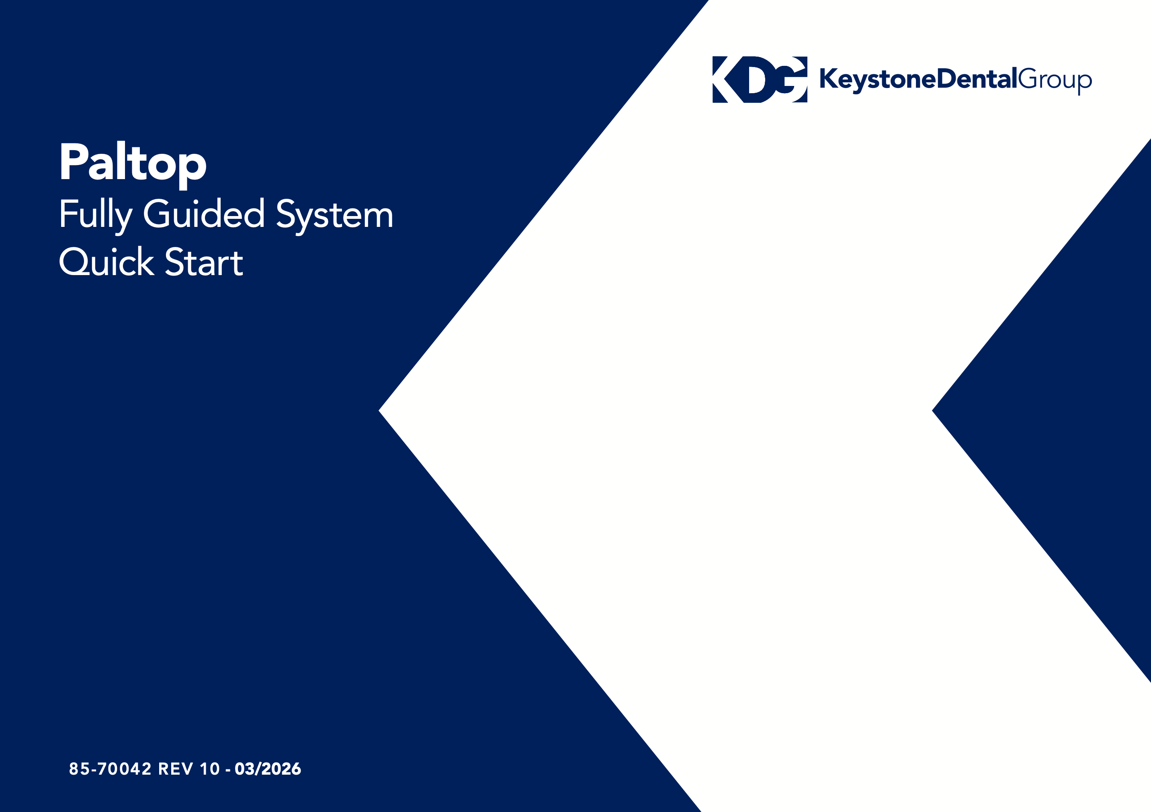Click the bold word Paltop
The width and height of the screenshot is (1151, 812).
133,164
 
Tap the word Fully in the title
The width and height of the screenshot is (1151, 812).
96,215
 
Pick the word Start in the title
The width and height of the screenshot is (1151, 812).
204,261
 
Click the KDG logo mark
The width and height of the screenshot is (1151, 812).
760,80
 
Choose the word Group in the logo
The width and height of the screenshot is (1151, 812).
1055,81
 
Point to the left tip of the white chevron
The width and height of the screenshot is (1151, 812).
379,410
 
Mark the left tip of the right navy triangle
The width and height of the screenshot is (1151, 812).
932,410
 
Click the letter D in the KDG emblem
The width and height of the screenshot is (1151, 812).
760,80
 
